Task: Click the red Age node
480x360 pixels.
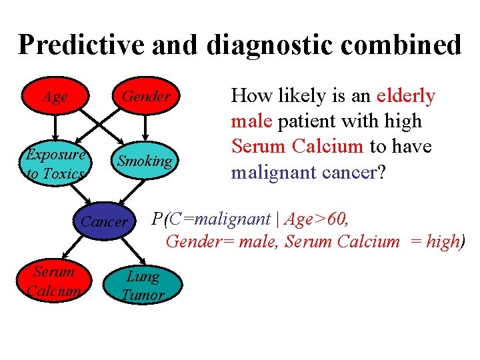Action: click(x=55, y=97)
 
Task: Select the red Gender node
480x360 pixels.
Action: click(x=145, y=97)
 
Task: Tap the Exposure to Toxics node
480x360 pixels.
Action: click(x=55, y=164)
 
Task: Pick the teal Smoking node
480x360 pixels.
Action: click(x=145, y=161)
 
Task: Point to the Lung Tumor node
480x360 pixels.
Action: click(x=142, y=285)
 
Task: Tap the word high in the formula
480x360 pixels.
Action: click(x=442, y=241)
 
